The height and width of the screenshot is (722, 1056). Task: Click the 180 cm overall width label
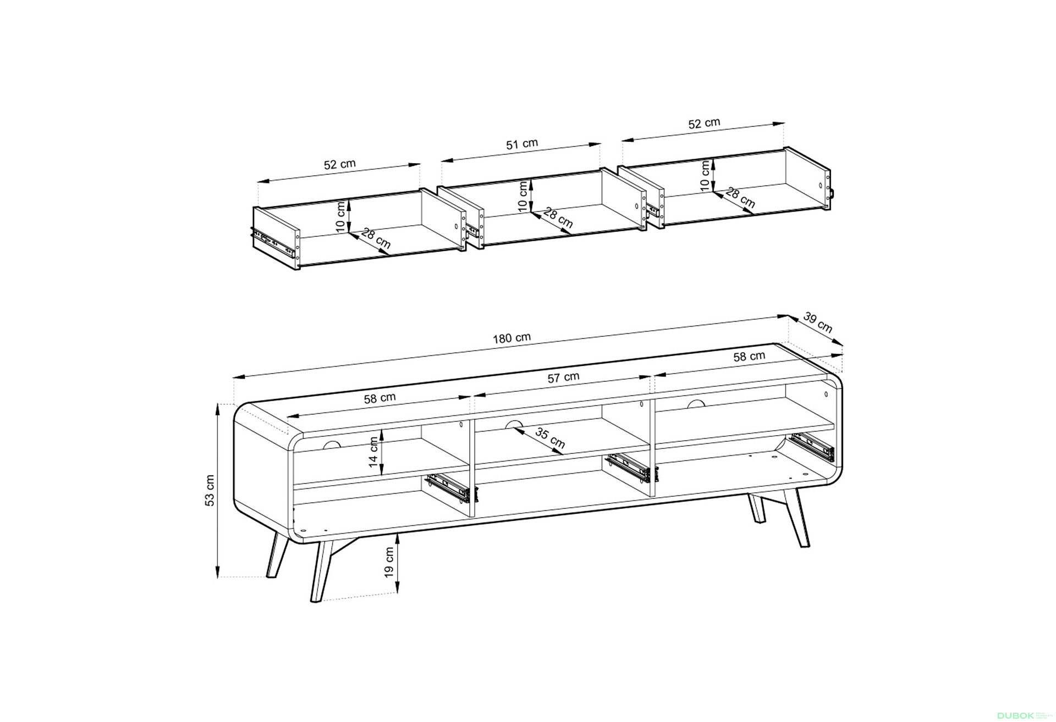512,337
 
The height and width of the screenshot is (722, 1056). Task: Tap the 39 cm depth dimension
818,323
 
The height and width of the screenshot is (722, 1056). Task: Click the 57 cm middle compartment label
563,377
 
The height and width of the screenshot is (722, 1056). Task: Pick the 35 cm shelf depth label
550,438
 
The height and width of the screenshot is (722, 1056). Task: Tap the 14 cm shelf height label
374,452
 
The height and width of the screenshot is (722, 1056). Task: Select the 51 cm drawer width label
522,144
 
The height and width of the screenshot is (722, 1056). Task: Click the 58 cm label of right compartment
749,356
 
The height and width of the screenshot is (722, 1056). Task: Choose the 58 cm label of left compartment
380,398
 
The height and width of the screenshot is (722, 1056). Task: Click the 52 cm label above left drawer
340,164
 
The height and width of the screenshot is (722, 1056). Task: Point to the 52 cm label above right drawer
704,123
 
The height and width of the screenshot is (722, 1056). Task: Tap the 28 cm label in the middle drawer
558,218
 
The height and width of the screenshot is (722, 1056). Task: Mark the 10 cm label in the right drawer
705,176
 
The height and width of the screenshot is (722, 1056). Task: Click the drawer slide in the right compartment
813,447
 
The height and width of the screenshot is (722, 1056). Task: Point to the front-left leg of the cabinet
321,571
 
